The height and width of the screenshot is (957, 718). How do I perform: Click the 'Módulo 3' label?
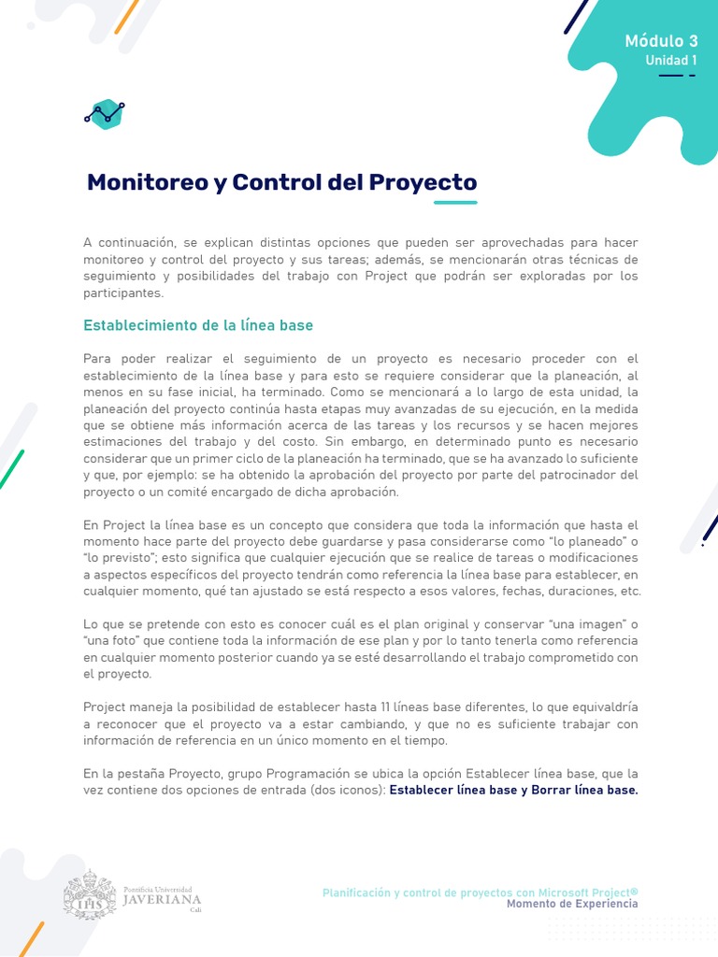[x=661, y=41]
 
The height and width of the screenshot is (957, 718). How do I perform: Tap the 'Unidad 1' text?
[x=671, y=61]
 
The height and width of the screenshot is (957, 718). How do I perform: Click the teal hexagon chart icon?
[x=105, y=114]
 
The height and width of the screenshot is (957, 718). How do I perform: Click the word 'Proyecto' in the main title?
[x=424, y=182]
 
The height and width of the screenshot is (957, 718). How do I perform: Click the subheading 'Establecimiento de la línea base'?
[x=198, y=325]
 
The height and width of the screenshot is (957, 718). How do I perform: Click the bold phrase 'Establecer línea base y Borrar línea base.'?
[x=513, y=790]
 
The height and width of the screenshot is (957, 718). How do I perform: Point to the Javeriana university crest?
[x=90, y=894]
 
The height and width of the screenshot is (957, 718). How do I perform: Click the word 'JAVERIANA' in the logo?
[x=162, y=899]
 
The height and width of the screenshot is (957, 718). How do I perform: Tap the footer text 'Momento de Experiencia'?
[x=572, y=904]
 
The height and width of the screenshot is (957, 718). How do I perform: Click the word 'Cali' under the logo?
[x=195, y=909]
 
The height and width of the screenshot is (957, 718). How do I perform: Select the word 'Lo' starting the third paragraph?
[x=91, y=623]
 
